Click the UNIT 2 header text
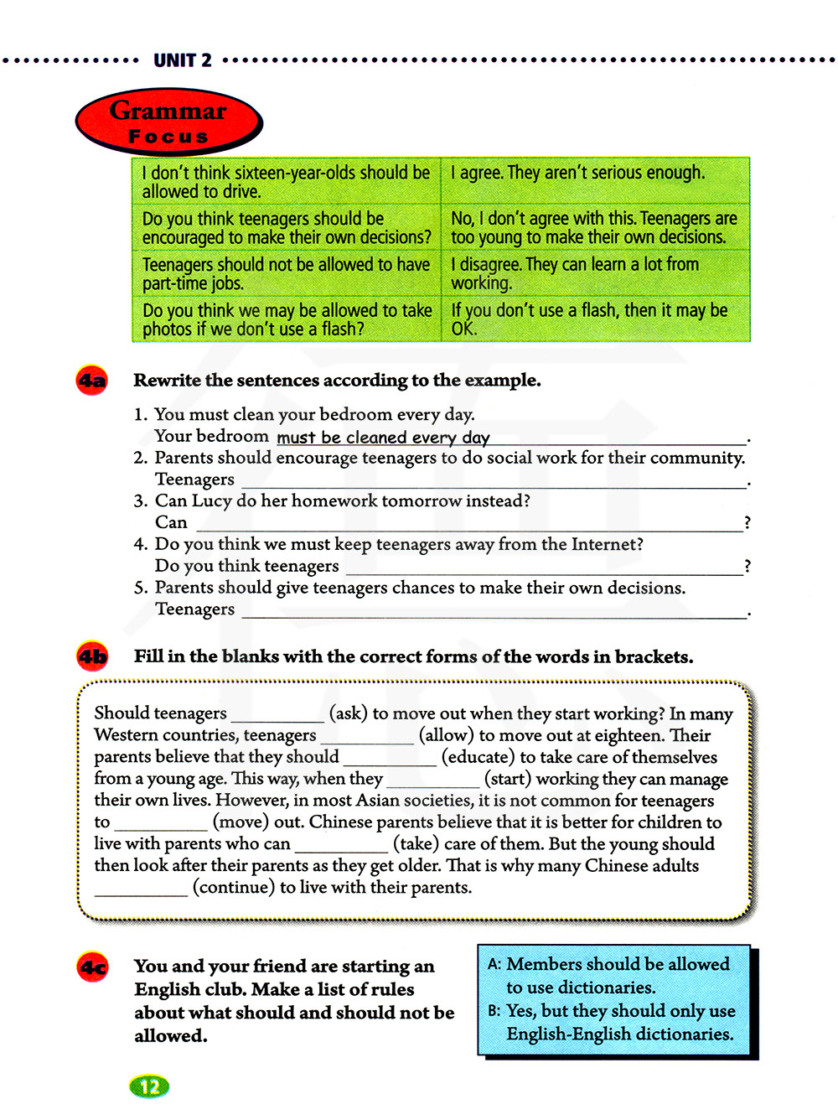[x=183, y=60]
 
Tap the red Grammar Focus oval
[x=168, y=122]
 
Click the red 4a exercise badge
[x=92, y=381]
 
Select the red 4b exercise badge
[x=92, y=656]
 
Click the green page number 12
[x=149, y=1086]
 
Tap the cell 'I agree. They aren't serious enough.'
[x=578, y=174]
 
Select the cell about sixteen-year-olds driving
[x=286, y=181]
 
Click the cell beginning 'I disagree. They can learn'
[x=575, y=273]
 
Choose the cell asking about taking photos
[x=287, y=319]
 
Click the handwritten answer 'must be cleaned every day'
[x=383, y=437]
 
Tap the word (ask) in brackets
[x=349, y=713]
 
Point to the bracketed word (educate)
[x=476, y=757]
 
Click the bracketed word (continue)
[x=234, y=887]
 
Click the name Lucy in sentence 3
[x=211, y=501]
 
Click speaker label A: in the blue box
[x=494, y=965]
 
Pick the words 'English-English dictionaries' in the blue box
[x=619, y=1034]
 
